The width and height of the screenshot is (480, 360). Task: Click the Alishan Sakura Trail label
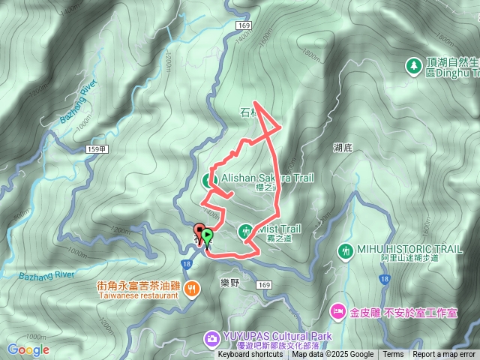(x=267, y=178)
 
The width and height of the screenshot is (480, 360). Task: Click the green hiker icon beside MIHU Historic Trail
(x=346, y=250)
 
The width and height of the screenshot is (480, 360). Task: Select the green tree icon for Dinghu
(x=413, y=67)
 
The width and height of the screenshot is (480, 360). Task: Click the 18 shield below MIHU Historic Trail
(x=384, y=278)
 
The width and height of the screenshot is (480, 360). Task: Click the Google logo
(x=28, y=349)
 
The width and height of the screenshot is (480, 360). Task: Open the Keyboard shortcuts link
(x=250, y=355)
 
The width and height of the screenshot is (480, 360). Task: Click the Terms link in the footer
(x=393, y=355)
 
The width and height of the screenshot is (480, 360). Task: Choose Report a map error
(x=444, y=355)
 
